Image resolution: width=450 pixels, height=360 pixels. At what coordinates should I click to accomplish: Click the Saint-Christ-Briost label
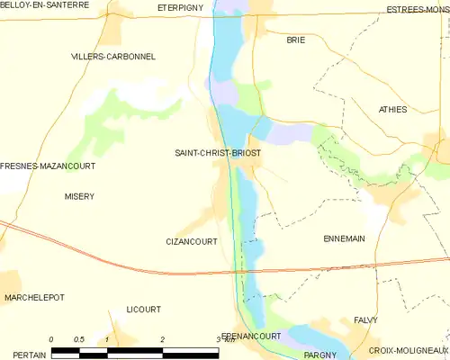(218, 154)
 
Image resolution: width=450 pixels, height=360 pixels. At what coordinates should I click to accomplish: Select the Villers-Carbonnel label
(113, 56)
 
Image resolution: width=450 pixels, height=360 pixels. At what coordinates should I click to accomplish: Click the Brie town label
(295, 40)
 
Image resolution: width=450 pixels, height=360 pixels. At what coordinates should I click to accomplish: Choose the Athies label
(392, 110)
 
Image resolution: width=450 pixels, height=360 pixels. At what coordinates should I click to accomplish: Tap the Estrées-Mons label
(418, 10)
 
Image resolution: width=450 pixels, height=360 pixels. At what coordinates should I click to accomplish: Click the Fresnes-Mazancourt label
(48, 166)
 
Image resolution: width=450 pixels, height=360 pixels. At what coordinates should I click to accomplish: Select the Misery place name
(79, 196)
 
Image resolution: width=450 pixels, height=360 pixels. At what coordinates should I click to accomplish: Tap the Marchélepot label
(36, 297)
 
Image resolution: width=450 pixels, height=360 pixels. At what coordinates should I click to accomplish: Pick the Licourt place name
(144, 309)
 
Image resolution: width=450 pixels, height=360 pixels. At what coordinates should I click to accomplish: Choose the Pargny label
(319, 355)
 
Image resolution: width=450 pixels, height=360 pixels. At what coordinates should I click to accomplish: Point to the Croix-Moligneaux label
(409, 349)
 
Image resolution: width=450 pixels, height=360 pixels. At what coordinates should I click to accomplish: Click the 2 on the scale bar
(162, 339)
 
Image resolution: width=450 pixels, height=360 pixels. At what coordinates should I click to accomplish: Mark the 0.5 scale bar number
(79, 339)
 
